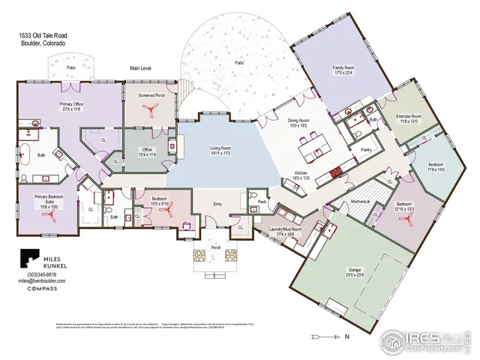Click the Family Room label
point(343,70)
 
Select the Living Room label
point(220,150)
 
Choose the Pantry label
point(366,150)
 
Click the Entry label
point(217,203)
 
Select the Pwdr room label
point(262,202)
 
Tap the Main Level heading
point(140,68)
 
